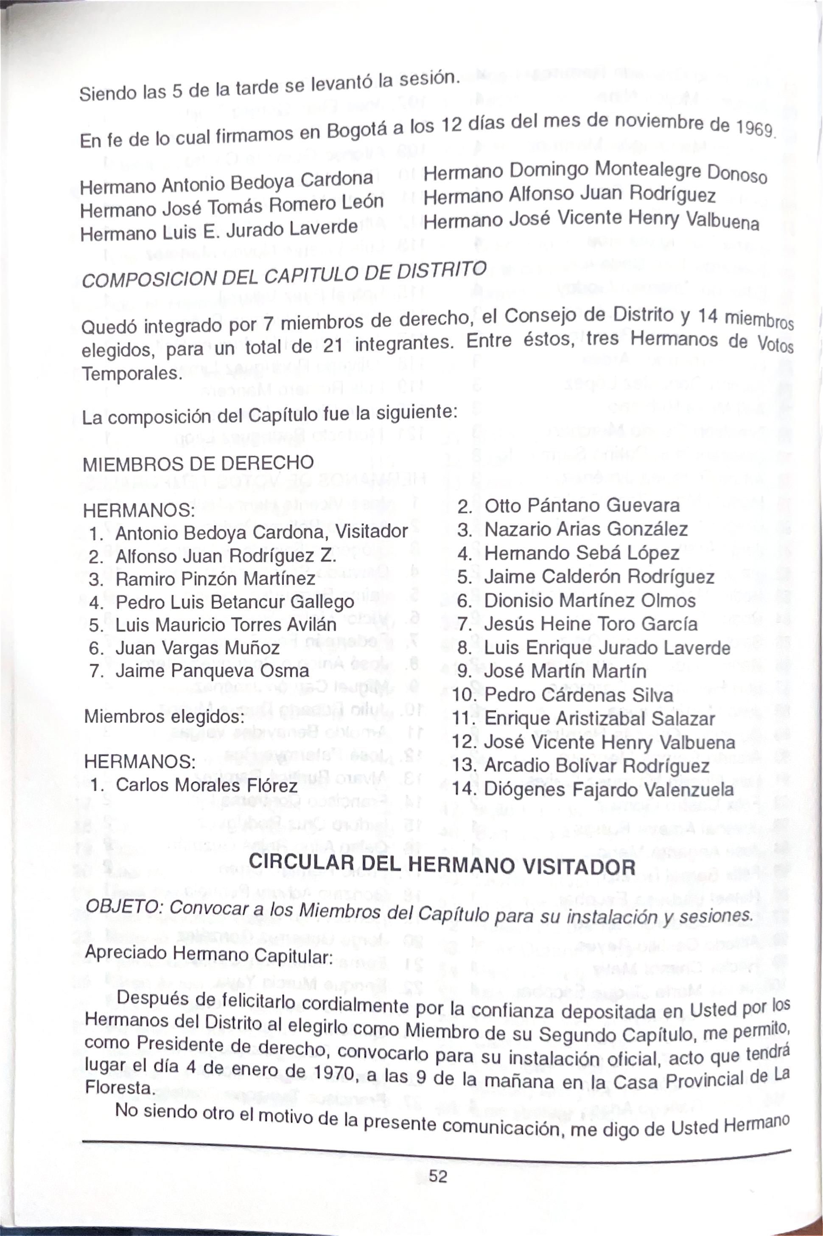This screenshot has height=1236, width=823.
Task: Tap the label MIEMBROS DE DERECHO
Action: [199, 463]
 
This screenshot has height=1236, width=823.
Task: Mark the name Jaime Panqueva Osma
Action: [212, 671]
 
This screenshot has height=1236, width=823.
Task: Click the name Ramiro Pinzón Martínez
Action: [215, 579]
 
